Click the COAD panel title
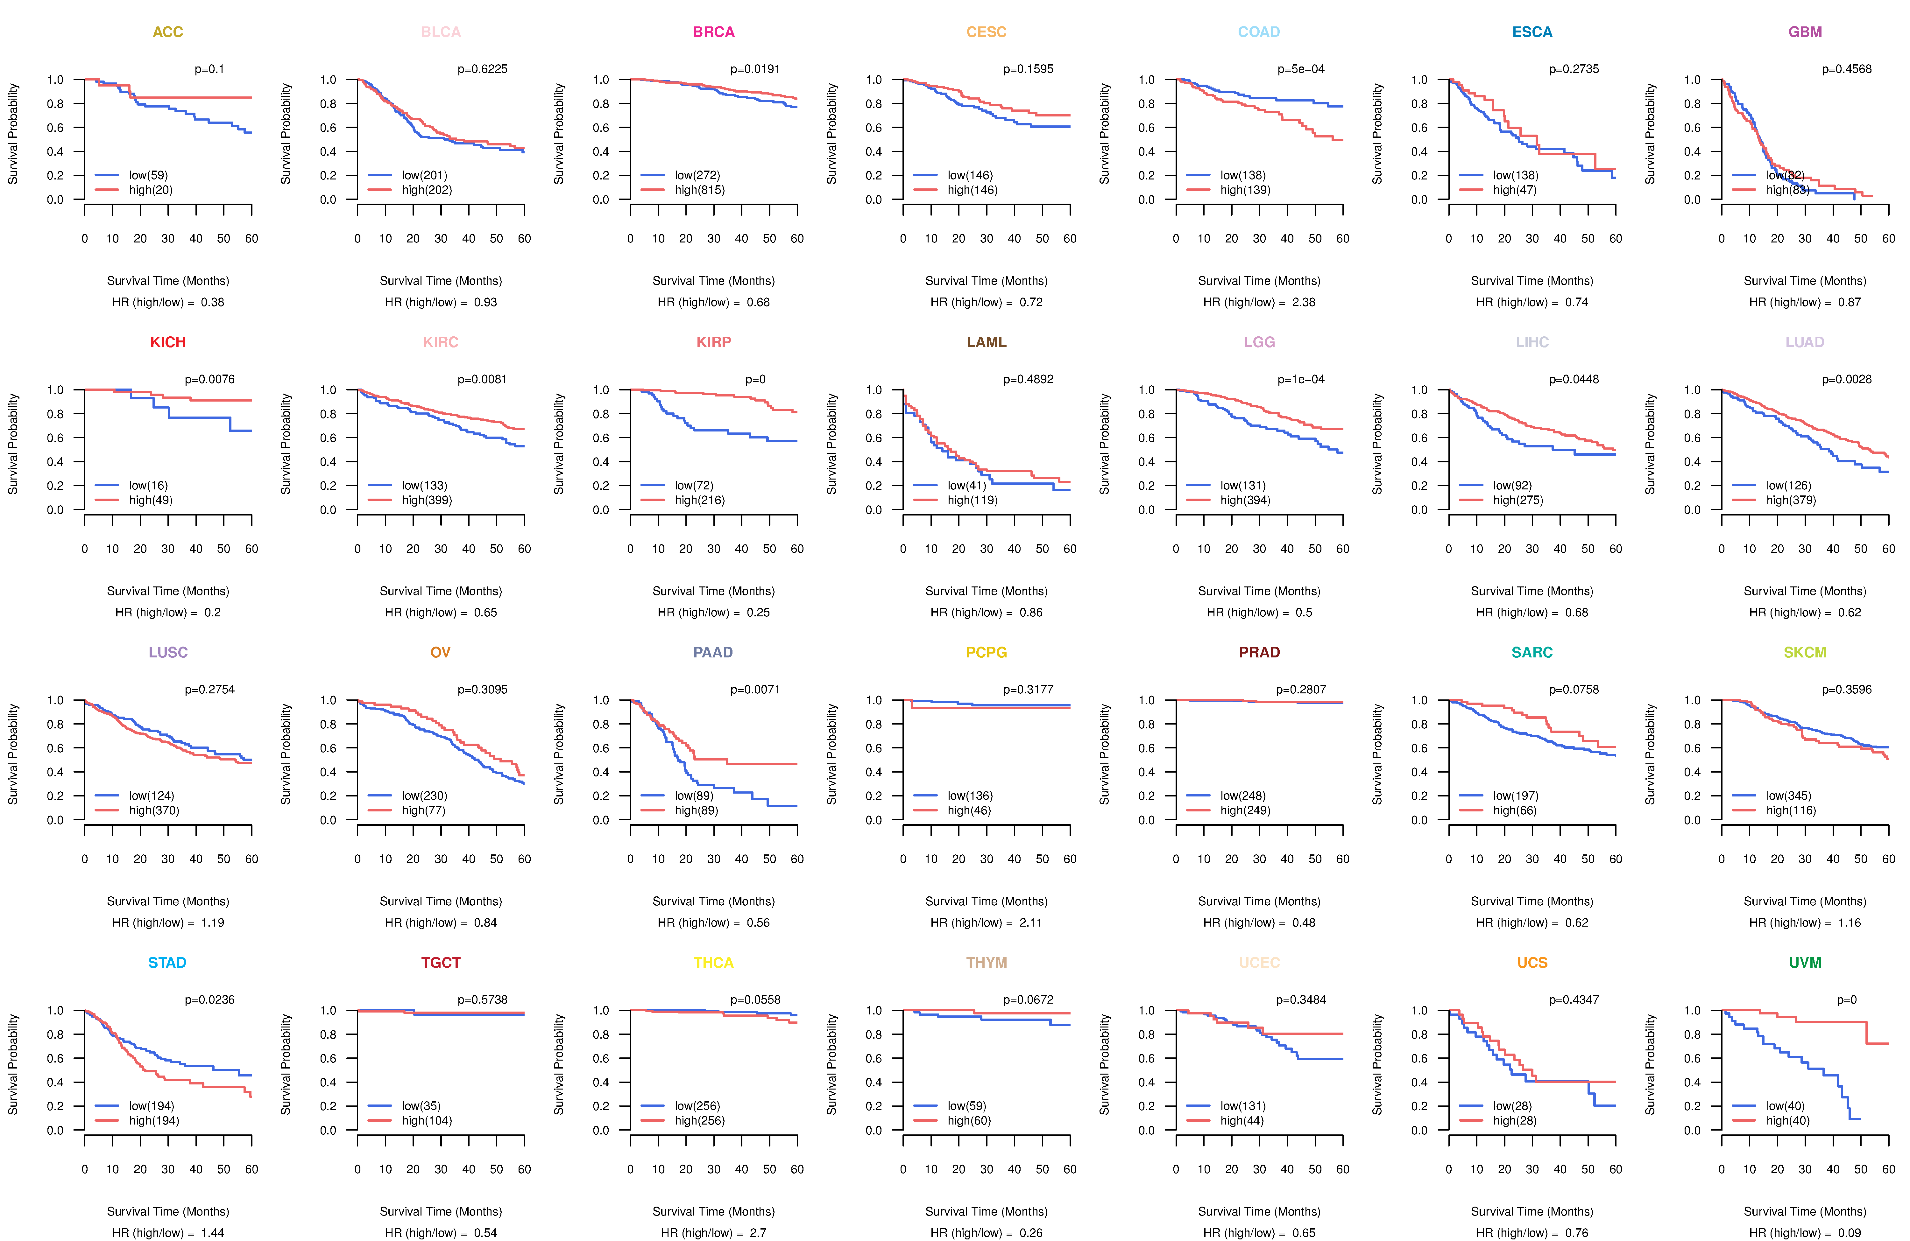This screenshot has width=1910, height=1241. [1258, 32]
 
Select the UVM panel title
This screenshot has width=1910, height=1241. [1805, 963]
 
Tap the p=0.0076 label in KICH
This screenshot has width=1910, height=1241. [209, 379]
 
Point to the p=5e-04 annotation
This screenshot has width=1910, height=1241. [1301, 69]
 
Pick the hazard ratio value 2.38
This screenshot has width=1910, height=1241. [1303, 302]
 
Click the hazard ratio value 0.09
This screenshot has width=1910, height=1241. [1849, 1233]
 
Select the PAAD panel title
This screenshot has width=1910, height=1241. [713, 652]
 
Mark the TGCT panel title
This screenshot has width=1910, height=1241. [441, 963]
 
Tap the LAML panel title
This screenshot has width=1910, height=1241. [986, 342]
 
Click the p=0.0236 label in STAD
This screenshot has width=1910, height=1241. [209, 1000]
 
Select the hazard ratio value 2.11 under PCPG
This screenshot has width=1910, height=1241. [1030, 922]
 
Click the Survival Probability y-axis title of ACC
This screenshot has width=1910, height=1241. [13, 134]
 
